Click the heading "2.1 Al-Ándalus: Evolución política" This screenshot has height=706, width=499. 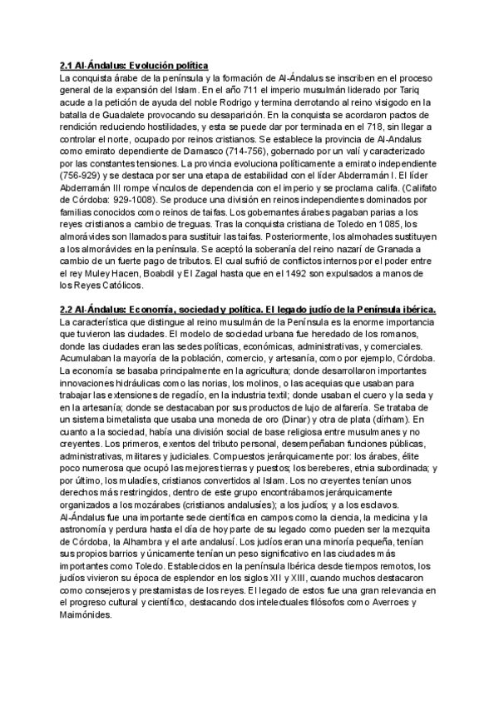133,65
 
